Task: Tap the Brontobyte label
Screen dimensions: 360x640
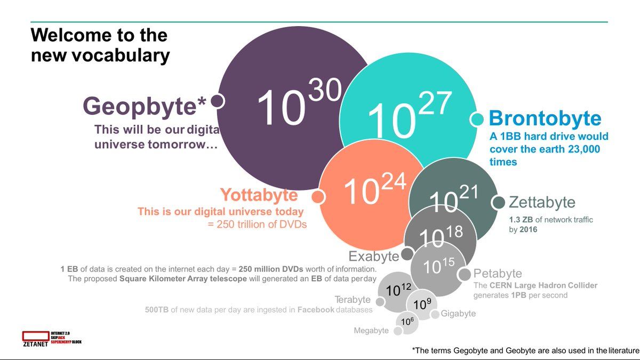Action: pyautogui.click(x=545, y=118)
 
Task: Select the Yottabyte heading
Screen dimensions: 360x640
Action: pyautogui.click(x=259, y=196)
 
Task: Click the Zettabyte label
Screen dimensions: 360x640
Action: pyautogui.click(x=542, y=203)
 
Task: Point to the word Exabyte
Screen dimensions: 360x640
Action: pyautogui.click(x=373, y=257)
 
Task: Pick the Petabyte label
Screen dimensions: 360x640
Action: pyautogui.click(x=498, y=274)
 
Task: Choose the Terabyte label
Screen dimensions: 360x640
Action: pyautogui.click(x=352, y=300)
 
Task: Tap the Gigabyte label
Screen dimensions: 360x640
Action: pyautogui.click(x=458, y=314)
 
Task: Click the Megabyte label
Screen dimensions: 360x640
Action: pyautogui.click(x=371, y=331)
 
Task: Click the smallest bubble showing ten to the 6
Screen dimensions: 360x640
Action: pyautogui.click(x=407, y=322)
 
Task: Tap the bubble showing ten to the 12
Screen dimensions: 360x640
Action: pyautogui.click(x=398, y=291)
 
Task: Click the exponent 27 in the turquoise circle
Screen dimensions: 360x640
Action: pyautogui.click(x=435, y=103)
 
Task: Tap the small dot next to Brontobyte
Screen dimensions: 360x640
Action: pyautogui.click(x=477, y=119)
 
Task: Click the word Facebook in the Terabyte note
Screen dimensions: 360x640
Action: pyautogui.click(x=316, y=309)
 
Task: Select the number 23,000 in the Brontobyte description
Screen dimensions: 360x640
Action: pyautogui.click(x=580, y=149)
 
